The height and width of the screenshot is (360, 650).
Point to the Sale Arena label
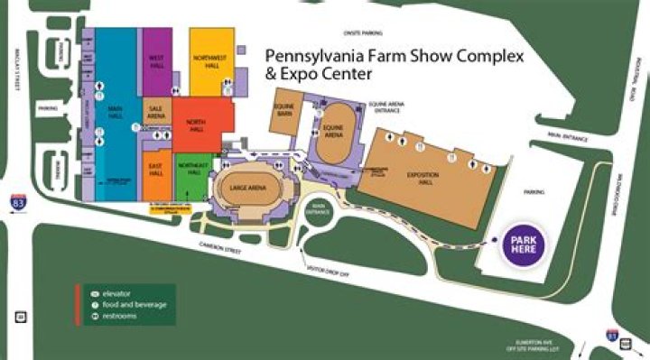156,112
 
